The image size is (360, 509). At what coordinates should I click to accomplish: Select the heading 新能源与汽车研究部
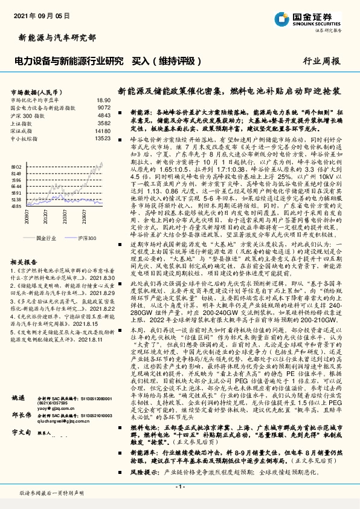point(57,37)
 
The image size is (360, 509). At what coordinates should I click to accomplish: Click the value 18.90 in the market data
point(103,100)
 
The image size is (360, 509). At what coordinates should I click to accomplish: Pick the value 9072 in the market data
point(104,107)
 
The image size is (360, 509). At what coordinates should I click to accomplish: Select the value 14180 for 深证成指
point(103,130)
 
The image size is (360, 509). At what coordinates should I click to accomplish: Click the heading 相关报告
point(24,245)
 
